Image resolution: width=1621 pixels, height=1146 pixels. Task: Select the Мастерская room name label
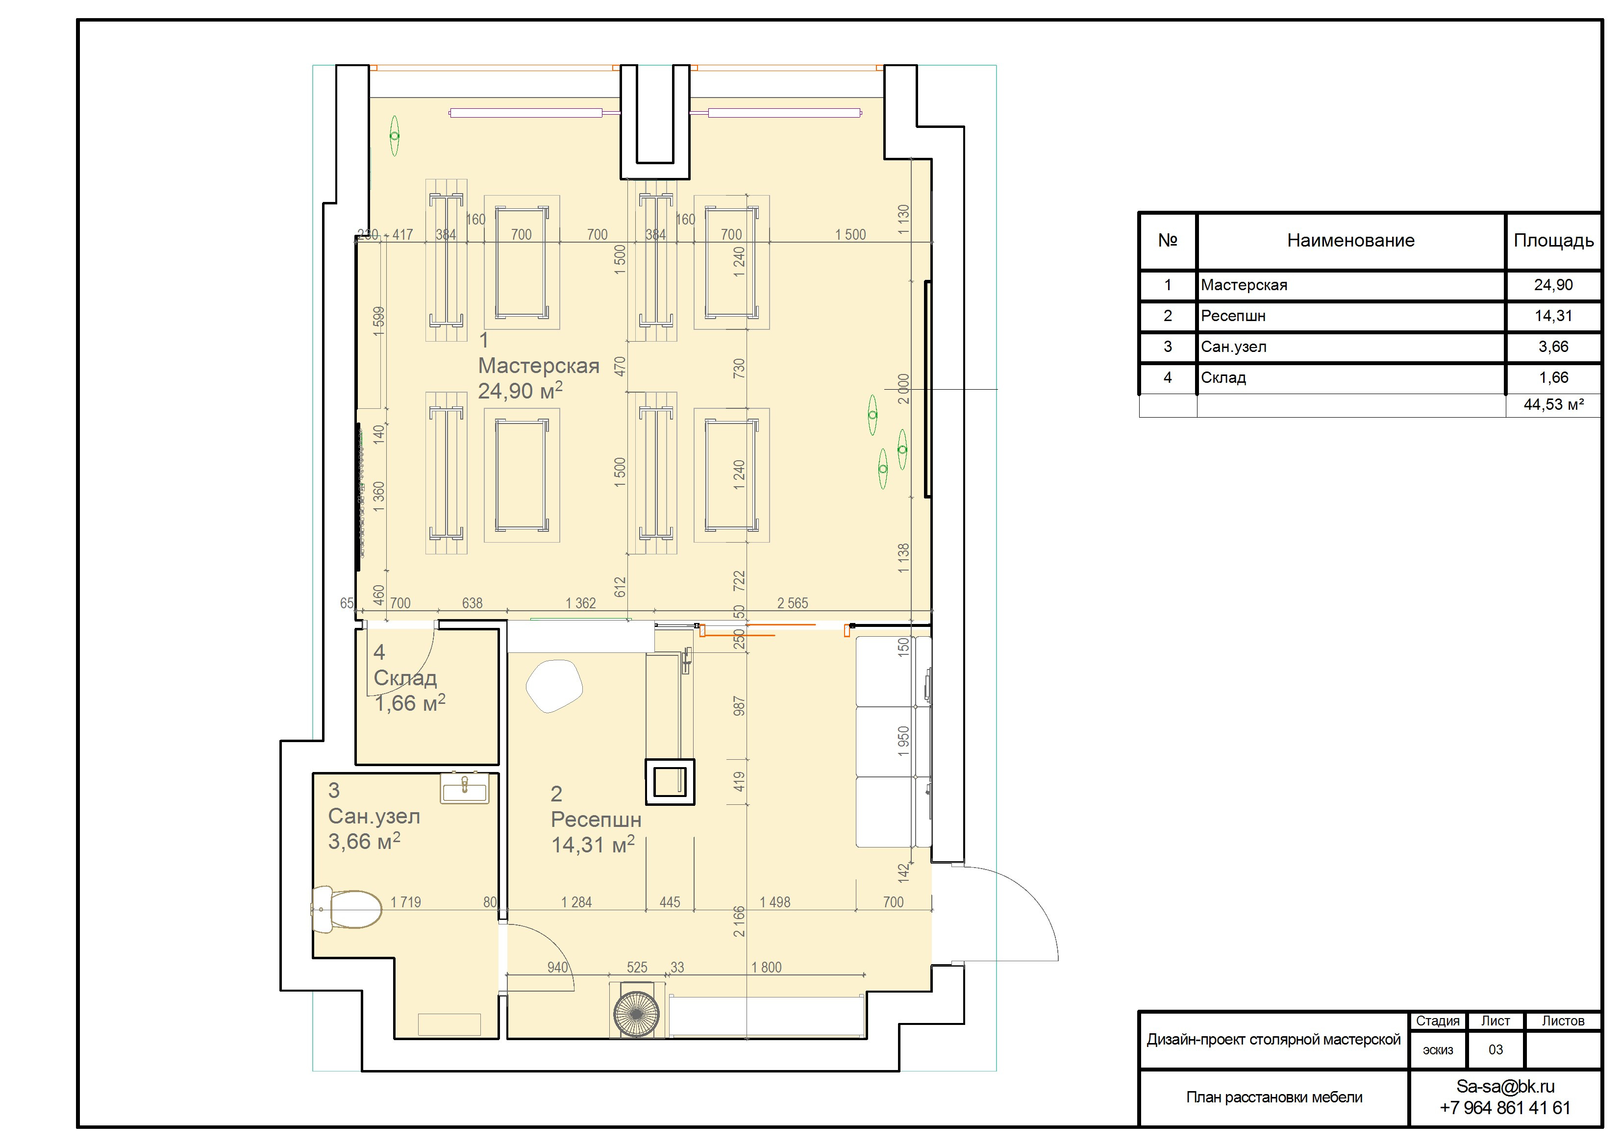tap(539, 366)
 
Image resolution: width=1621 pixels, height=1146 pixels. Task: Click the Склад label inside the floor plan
tap(405, 678)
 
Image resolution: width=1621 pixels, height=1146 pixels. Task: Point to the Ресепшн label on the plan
tap(596, 820)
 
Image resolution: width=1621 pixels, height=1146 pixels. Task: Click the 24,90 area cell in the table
tap(1553, 285)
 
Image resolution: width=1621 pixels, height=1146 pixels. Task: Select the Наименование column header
tap(1350, 241)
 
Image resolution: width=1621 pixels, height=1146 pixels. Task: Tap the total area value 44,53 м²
tap(1553, 404)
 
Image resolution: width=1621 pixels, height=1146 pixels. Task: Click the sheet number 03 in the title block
tap(1496, 1050)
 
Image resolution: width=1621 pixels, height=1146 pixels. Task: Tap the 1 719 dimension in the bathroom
tap(406, 902)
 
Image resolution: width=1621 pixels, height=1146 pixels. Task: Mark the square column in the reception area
tap(669, 782)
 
